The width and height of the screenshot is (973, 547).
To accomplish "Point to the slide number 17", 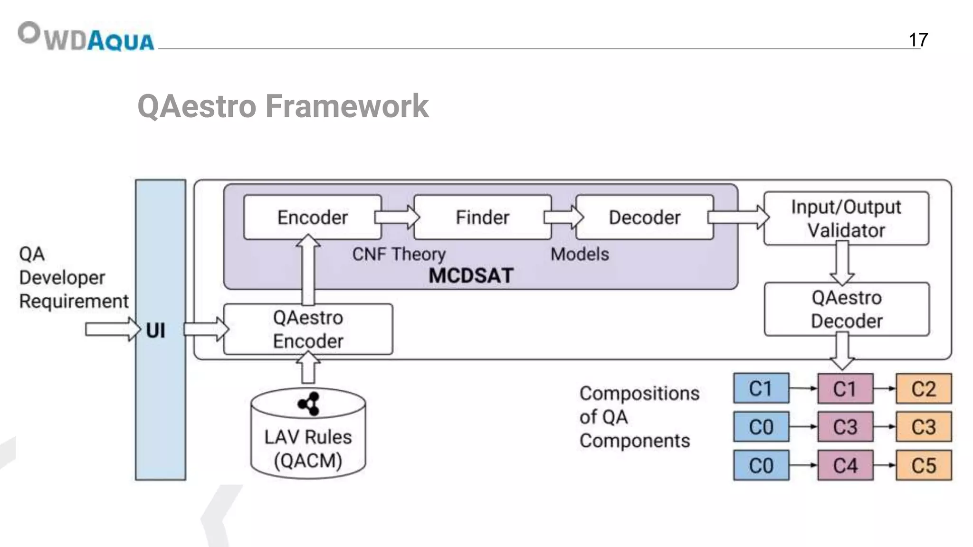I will point(918,40).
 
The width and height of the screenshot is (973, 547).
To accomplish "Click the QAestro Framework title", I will point(283,106).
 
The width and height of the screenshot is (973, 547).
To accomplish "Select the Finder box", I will point(482,217).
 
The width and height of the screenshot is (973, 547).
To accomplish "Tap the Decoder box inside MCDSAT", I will point(644,217).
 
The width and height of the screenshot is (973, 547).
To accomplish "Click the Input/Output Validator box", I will point(846,218).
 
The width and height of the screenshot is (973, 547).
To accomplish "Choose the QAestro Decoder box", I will point(846,309).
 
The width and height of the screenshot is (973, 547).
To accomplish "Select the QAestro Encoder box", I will point(308,329).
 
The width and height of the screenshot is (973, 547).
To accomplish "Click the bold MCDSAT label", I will point(471,276).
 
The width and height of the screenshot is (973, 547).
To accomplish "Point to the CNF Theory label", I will point(399,255).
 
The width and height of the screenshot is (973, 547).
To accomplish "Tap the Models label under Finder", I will point(580,255).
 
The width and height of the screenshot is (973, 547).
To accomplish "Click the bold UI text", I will point(156,330).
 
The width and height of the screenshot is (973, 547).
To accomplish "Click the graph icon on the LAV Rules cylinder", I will point(309,404).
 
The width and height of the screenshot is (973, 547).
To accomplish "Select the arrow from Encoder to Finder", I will point(397,217).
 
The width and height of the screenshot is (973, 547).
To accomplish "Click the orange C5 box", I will point(924,465).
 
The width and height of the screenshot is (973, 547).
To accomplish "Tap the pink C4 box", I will point(845,465).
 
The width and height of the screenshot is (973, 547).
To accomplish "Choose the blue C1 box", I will point(761,388).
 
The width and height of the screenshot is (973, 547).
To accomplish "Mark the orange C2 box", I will point(924,388).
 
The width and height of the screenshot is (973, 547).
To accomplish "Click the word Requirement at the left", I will point(74,302).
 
